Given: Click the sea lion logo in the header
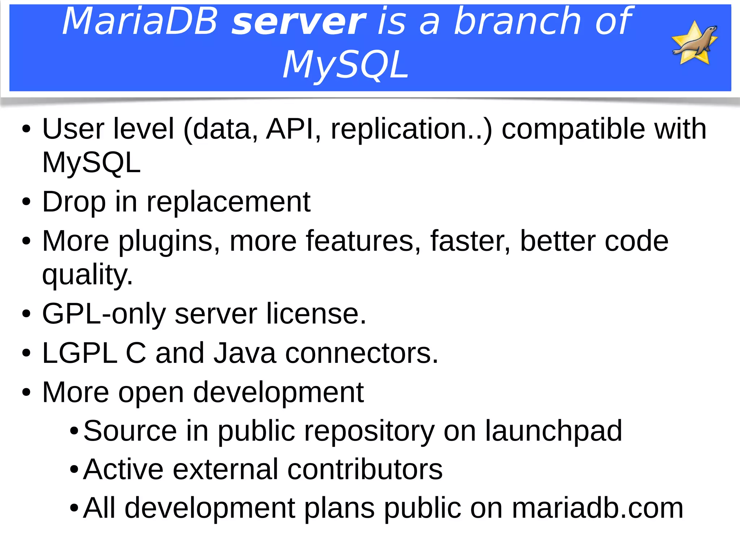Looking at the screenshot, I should pos(694,43).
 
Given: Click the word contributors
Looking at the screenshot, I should pos(365,470).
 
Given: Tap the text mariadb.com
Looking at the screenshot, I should pos(598,509).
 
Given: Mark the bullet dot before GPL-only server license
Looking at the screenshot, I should pos(26,314).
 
